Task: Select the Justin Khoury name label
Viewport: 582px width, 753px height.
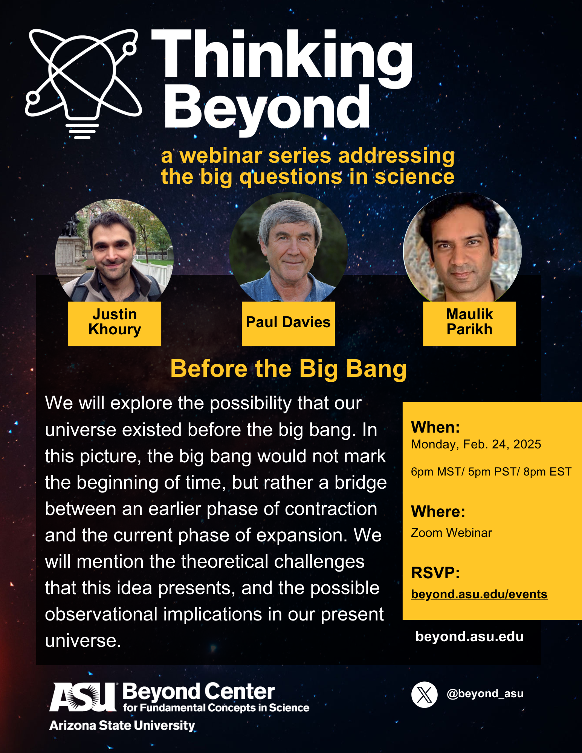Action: (x=115, y=323)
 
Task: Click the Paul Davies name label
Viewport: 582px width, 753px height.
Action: (x=288, y=323)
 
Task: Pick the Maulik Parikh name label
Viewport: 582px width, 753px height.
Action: (x=469, y=323)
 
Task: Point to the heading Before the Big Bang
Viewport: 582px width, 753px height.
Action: (x=289, y=369)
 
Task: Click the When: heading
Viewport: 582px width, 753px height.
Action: (x=435, y=427)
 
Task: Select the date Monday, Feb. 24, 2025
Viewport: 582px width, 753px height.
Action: (x=476, y=445)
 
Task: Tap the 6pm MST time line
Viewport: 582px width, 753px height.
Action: (x=491, y=472)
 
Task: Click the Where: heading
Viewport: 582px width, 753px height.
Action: (x=438, y=512)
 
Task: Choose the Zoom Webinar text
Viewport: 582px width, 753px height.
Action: (x=451, y=533)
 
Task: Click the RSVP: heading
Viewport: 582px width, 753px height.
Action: (x=435, y=573)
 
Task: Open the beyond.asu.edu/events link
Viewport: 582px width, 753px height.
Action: (x=479, y=594)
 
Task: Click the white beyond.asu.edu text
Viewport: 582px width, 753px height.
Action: (x=469, y=637)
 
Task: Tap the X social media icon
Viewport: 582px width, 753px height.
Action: (x=425, y=695)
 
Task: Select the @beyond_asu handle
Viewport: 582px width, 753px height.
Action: (x=485, y=694)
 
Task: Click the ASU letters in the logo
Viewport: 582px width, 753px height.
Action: (x=83, y=697)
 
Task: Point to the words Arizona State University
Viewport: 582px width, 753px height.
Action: (x=122, y=725)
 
